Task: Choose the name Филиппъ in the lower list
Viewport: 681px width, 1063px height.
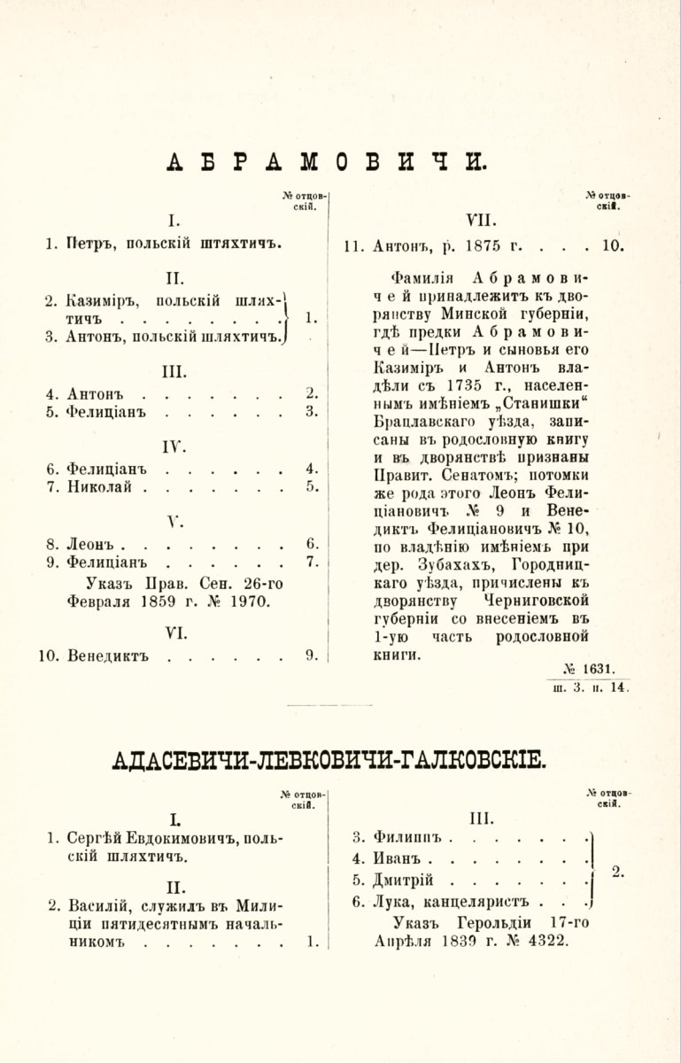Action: tap(408, 836)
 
